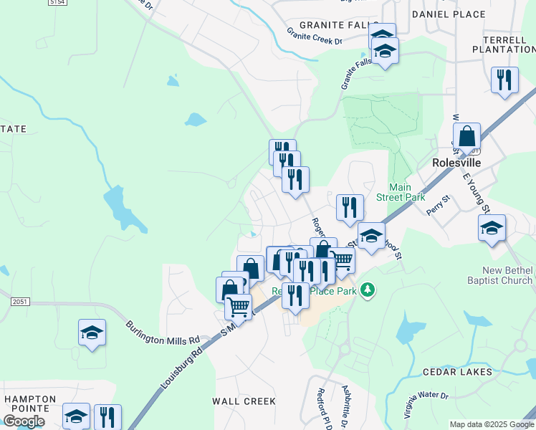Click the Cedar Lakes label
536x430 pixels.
(x=456, y=372)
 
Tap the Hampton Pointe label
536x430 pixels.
(x=30, y=403)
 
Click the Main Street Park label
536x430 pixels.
(x=407, y=192)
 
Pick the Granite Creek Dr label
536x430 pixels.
(x=315, y=37)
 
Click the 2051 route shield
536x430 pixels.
(x=20, y=302)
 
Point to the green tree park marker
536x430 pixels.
(x=368, y=290)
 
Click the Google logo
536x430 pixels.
(x=24, y=421)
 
